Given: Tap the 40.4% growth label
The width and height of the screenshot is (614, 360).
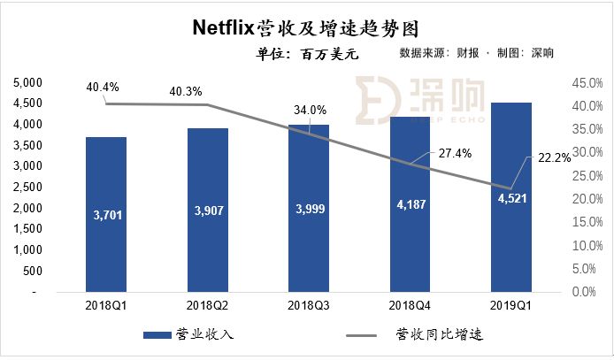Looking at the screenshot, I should [104, 87].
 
